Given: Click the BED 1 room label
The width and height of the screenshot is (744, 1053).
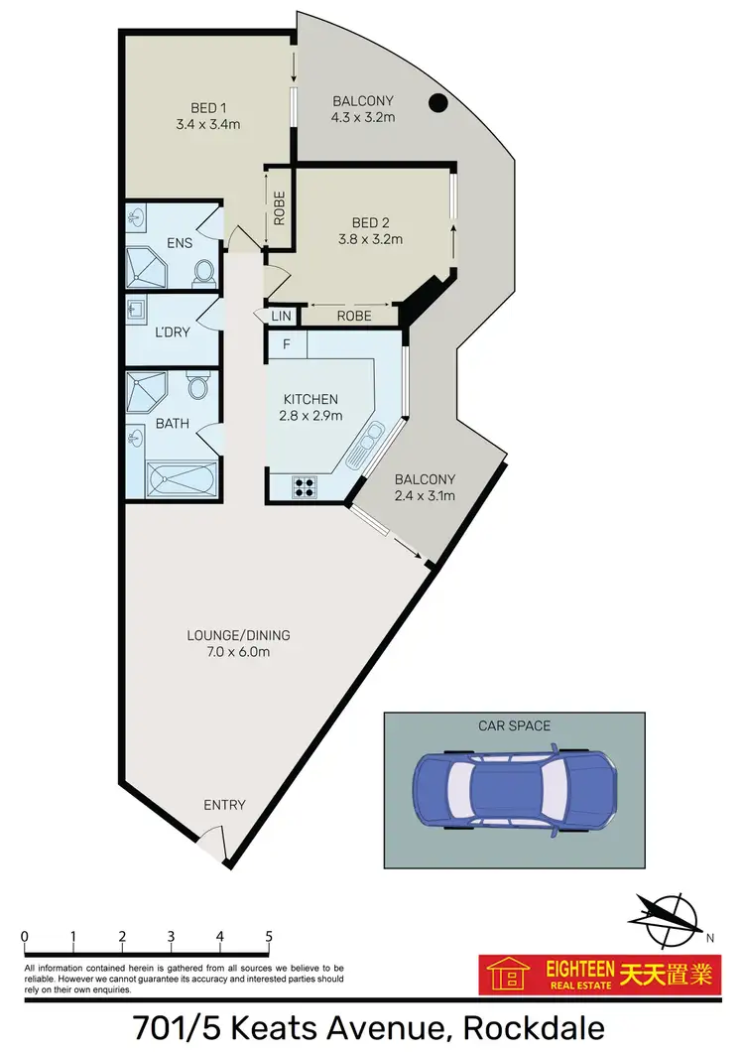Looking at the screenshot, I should coord(209,108).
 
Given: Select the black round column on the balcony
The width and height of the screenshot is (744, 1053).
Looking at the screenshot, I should coord(435,101).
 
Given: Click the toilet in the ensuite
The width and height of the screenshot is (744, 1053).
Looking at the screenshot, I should coord(203,270).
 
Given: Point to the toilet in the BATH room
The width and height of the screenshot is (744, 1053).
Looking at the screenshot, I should coord(197,385).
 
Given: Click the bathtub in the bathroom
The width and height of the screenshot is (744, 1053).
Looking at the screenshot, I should coord(180,480).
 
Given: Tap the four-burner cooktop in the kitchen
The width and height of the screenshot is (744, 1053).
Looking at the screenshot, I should coord(304,486).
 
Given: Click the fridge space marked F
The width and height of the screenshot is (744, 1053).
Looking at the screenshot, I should coord(287,344).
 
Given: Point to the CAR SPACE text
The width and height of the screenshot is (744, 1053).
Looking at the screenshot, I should coord(514,725).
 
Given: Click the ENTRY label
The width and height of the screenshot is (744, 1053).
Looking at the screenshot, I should coord(224,805).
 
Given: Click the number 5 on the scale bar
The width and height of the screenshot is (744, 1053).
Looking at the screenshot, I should coord(269,936).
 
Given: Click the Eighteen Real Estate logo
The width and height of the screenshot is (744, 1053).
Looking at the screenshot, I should coord(597,975).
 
